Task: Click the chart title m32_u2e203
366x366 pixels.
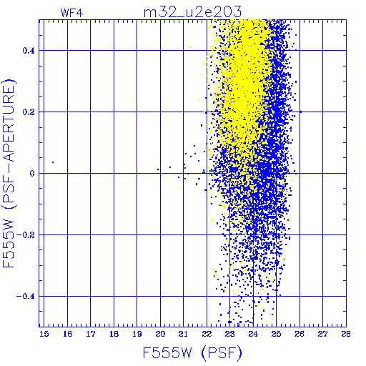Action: (192, 12)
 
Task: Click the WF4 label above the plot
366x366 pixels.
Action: (72, 13)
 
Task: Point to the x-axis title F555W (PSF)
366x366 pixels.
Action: (192, 353)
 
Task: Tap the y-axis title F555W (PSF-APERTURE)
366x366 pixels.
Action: (9, 173)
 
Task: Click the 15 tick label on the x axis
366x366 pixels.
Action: (44, 334)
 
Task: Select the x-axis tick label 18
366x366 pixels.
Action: (114, 334)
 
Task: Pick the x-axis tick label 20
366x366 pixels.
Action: (160, 334)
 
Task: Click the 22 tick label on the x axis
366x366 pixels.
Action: (207, 334)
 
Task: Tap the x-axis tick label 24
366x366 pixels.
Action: (253, 334)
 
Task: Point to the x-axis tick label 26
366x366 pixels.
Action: (300, 334)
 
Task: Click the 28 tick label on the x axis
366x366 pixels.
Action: (346, 334)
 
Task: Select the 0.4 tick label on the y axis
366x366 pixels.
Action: (29, 51)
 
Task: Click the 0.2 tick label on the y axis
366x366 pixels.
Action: (29, 112)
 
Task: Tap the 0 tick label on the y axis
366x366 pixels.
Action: (32, 174)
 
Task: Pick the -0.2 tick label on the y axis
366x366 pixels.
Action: (26, 235)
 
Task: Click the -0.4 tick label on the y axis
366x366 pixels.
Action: (26, 297)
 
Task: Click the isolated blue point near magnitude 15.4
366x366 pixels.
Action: (53, 162)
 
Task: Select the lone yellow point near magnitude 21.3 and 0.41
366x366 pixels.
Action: (190, 47)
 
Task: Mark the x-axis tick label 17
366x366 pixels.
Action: (91, 334)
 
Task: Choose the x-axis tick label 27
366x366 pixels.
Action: (322, 334)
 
